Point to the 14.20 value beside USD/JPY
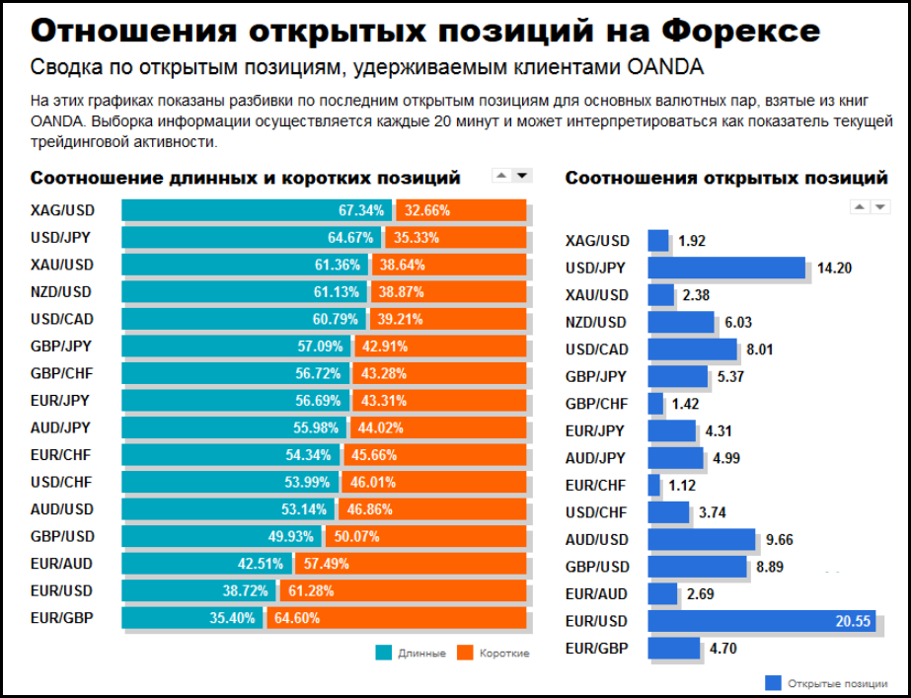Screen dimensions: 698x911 (x=834, y=268)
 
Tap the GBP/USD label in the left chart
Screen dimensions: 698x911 (x=61, y=536)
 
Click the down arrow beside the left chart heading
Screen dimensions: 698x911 (x=522, y=176)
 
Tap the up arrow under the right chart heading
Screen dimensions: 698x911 (x=859, y=207)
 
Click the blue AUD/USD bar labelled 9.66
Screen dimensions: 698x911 (x=701, y=540)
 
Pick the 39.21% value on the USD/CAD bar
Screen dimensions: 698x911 (x=401, y=319)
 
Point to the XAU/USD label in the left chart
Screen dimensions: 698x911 (x=61, y=265)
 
